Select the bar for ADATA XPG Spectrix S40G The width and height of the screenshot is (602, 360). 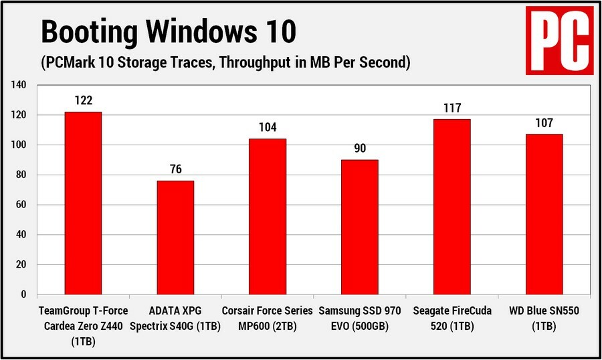point(175,238)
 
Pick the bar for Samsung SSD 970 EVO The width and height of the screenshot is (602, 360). point(360,227)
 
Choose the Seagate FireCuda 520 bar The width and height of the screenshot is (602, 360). point(452,207)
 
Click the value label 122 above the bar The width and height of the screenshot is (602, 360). point(83,101)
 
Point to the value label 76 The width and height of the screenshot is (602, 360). point(175,170)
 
